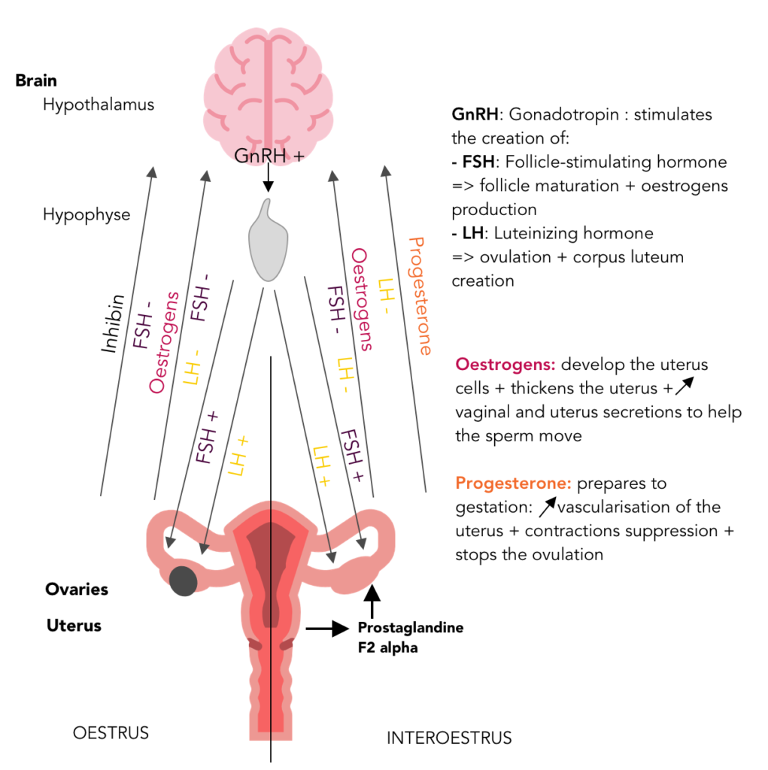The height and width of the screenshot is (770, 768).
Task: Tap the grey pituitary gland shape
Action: [269, 241]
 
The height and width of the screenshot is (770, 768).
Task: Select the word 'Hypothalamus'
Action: [99, 105]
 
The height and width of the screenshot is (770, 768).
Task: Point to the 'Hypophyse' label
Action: [87, 215]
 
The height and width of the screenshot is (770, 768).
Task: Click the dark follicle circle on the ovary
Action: [183, 581]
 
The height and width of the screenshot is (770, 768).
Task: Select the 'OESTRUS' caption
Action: [111, 732]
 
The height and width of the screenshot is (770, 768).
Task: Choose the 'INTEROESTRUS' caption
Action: [449, 738]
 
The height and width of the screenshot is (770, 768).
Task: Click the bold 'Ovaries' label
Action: [77, 590]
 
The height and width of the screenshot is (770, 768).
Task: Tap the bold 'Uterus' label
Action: [74, 626]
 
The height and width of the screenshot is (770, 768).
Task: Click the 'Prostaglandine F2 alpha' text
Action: [410, 636]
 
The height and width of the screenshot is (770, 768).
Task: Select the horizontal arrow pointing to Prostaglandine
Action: [329, 627]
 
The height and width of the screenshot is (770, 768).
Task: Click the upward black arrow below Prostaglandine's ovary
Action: [370, 602]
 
